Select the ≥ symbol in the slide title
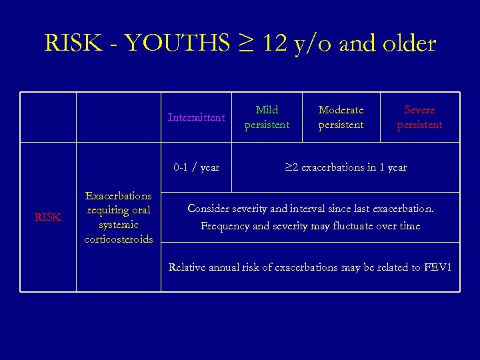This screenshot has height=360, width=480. coord(244,45)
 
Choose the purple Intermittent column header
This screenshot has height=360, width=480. coord(196,117)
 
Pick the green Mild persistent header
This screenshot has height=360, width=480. coord(267,117)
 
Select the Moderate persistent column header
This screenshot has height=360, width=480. coord(341,117)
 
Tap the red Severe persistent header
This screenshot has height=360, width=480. coord(419,117)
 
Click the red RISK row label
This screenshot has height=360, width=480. coord(47,217)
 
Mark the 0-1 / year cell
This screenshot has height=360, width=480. coord(196,167)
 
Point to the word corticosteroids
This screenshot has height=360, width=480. coord(118,239)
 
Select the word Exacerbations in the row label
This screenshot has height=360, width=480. coord(118,196)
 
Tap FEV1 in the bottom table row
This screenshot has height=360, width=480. coord(437,267)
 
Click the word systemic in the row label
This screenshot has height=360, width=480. coord(118,225)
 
